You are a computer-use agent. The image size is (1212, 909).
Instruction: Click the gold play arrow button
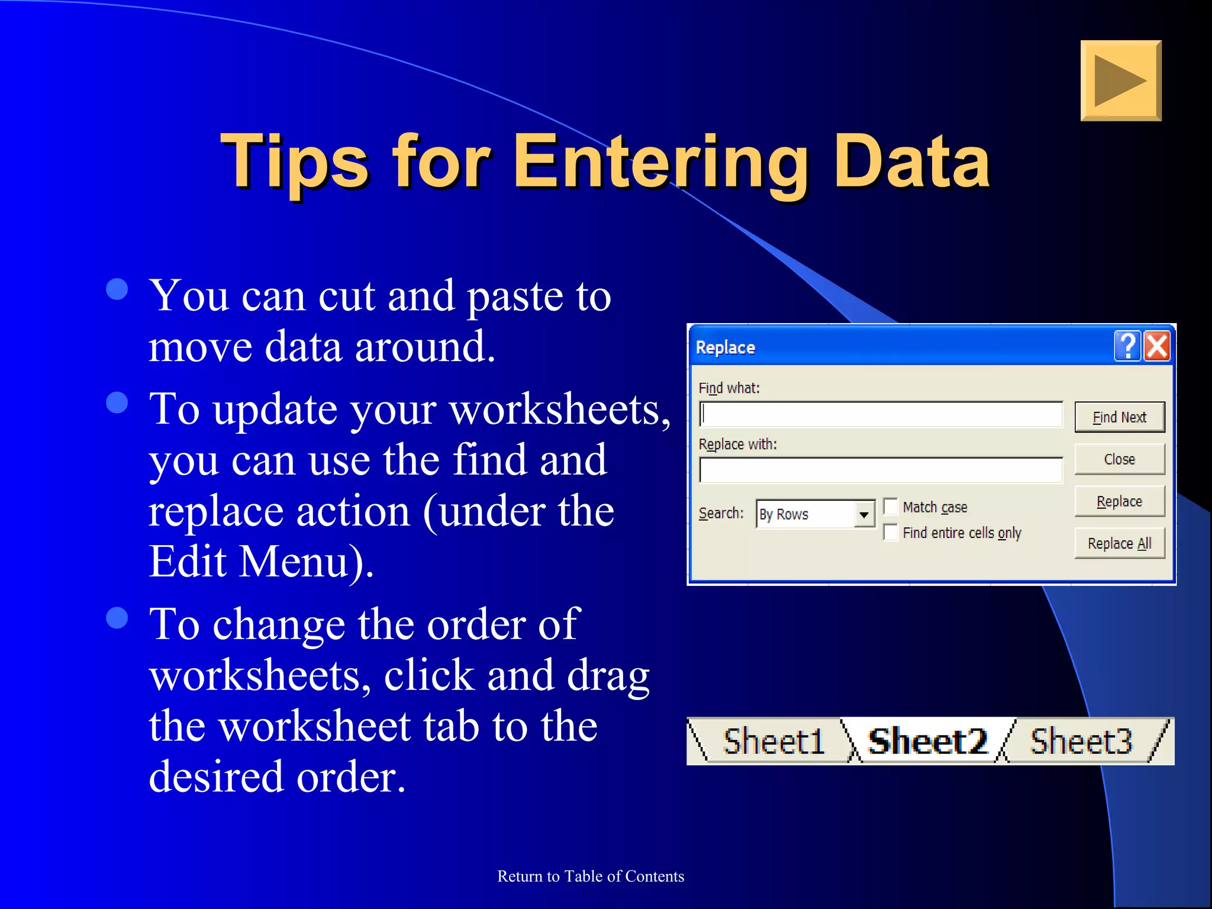pos(1120,80)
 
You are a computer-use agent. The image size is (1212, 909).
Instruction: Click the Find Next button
pos(1119,417)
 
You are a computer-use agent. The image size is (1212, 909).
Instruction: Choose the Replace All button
pos(1119,543)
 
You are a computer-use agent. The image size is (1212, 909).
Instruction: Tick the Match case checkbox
pos(891,507)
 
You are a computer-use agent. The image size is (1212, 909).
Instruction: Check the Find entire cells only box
pos(891,533)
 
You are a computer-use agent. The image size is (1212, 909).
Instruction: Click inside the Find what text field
pos(881,414)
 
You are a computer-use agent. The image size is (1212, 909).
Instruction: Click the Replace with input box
pos(881,470)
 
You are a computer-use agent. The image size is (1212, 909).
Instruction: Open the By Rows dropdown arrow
pos(864,514)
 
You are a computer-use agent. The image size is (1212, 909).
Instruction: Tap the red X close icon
pos(1157,346)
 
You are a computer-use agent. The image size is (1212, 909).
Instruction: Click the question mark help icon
pos(1127,346)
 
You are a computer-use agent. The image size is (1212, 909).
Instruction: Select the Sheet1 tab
pos(773,741)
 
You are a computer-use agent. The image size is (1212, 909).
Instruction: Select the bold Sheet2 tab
pos(927,741)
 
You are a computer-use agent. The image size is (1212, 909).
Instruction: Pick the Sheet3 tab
pos(1081,741)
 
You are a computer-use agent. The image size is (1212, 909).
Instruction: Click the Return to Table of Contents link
pos(591,876)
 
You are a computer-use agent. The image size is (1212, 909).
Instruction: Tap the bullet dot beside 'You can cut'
pos(117,289)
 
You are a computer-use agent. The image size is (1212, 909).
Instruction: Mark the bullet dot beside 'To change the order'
pos(117,617)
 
